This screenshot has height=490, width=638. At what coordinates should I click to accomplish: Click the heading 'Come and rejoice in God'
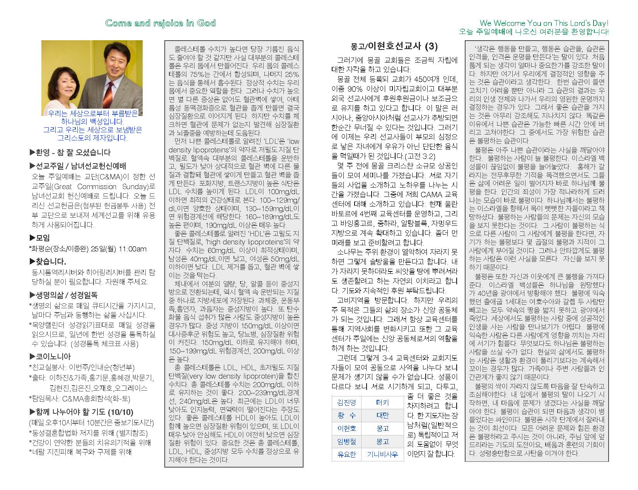(160, 23)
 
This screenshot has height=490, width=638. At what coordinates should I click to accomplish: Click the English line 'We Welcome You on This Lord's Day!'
(544, 23)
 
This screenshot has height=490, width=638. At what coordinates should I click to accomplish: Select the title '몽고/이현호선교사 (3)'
(394, 46)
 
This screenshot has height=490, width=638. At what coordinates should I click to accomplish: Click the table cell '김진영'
(346, 403)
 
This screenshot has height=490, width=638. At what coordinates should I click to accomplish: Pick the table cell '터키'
(382, 403)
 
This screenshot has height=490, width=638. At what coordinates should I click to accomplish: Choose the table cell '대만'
(382, 416)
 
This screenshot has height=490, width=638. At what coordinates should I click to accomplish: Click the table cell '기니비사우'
(382, 454)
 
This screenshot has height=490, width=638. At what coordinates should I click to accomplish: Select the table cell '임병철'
(346, 441)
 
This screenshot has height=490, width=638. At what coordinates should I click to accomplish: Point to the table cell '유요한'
(346, 454)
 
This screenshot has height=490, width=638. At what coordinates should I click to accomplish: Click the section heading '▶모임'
(39, 238)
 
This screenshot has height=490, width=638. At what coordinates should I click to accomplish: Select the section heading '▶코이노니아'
(50, 357)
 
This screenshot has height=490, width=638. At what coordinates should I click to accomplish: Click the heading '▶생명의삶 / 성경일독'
(63, 295)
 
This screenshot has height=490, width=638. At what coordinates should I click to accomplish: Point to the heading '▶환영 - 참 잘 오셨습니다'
(70, 152)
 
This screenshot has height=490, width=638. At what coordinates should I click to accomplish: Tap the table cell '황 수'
(346, 416)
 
